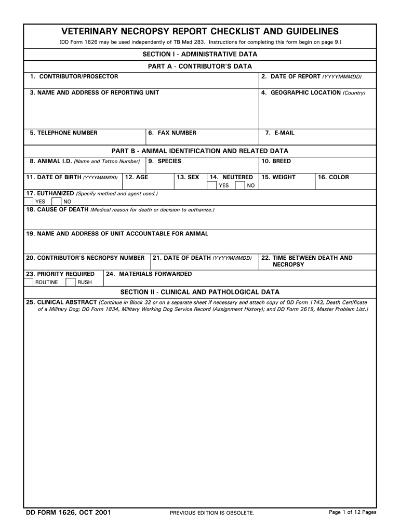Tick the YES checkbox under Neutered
pos(212,185)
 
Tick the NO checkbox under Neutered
pos(240,185)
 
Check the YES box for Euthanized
pos(29,202)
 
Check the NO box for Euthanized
pos(56,202)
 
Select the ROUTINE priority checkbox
pos(29,282)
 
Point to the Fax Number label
pos(172,133)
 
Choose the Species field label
pos(165,161)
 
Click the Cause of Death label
pos(57,209)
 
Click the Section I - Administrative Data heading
pos(200,54)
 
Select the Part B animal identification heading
pos(200,151)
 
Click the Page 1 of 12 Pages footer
pos(353,512)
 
